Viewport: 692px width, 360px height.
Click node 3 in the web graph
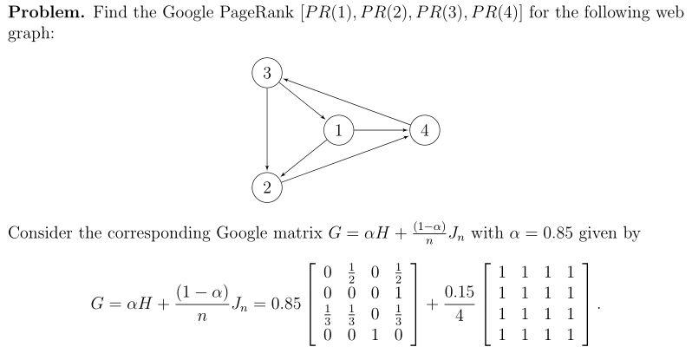[267, 74]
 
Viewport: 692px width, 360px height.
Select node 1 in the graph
[337, 131]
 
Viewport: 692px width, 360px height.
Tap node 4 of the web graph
[424, 131]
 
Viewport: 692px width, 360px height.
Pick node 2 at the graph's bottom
[267, 187]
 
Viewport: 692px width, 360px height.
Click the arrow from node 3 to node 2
[267, 130]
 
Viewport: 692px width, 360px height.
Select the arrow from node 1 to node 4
[380, 131]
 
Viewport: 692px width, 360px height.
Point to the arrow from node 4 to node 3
[347, 103]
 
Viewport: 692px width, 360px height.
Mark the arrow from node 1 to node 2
[303, 159]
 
